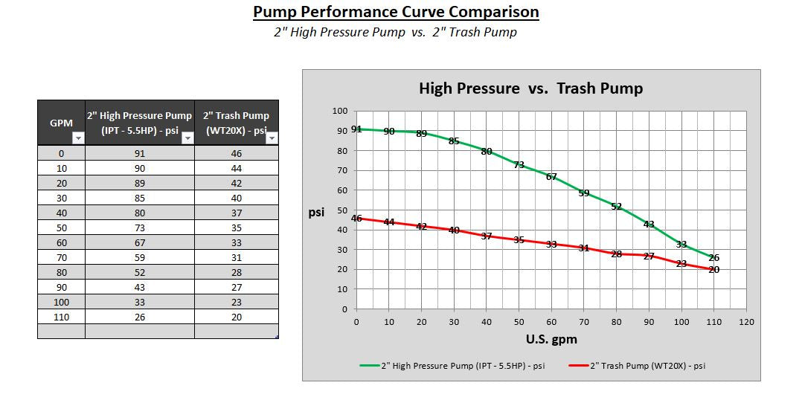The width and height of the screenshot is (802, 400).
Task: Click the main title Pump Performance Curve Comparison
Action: click(396, 13)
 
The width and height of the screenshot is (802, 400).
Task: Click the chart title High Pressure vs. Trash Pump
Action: click(530, 88)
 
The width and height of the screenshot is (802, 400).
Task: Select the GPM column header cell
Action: click(61, 123)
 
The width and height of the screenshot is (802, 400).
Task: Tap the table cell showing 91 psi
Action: click(140, 154)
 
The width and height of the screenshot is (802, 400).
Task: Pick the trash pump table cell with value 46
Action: click(237, 154)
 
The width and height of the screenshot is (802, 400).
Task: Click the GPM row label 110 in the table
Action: click(61, 317)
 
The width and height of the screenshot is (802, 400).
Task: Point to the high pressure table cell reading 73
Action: click(140, 228)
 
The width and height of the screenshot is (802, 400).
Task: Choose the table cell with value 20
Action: click(237, 317)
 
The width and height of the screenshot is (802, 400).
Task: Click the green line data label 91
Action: click(356, 129)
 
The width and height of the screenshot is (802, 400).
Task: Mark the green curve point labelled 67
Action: click(551, 177)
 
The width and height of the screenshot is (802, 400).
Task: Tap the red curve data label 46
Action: click(356, 219)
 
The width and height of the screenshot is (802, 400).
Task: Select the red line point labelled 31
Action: click(584, 248)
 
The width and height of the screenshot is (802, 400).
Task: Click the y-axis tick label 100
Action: click(339, 112)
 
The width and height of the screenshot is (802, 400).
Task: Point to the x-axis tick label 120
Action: click(747, 322)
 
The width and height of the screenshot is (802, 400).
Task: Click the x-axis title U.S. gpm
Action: click(551, 339)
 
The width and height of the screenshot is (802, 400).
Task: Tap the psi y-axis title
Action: click(316, 213)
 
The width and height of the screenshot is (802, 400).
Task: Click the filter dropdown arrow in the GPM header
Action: click(77, 138)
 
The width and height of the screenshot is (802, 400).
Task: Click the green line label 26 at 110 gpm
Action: click(714, 258)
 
